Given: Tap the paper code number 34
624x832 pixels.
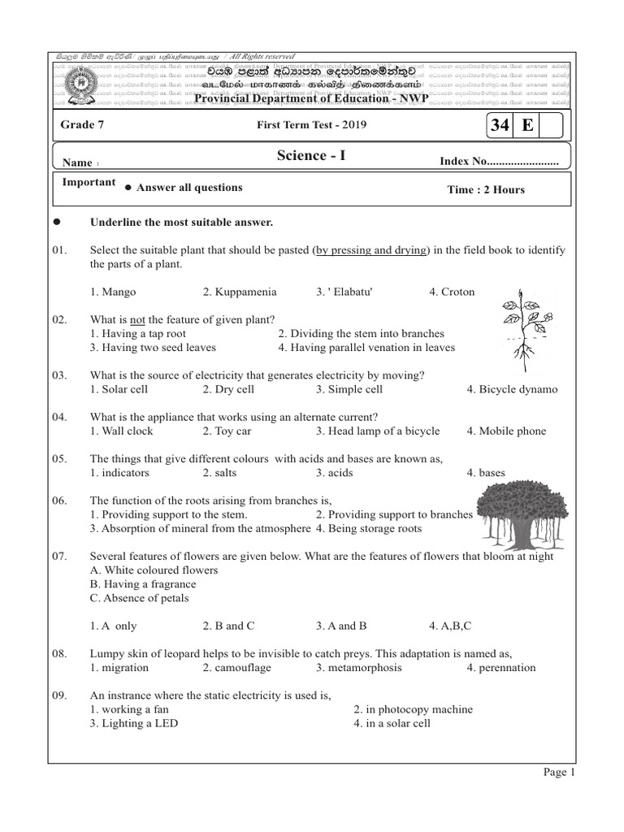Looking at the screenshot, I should pyautogui.click(x=500, y=126).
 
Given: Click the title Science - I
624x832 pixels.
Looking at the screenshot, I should pyautogui.click(x=311, y=155).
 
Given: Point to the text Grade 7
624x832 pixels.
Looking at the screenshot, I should pyautogui.click(x=83, y=124).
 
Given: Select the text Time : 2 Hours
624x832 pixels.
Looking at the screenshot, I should pyautogui.click(x=486, y=189).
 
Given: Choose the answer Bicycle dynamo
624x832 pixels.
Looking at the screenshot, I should pyautogui.click(x=512, y=389).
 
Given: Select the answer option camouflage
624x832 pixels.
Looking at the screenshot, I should pyautogui.click(x=237, y=667).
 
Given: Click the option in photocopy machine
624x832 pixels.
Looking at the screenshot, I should pyautogui.click(x=413, y=709).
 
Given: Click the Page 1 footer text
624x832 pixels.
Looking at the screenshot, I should pyautogui.click(x=559, y=773).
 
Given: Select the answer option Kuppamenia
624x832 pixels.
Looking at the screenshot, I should pyautogui.click(x=240, y=292).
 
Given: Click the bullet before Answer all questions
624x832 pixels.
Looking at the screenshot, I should pyautogui.click(x=128, y=188).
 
